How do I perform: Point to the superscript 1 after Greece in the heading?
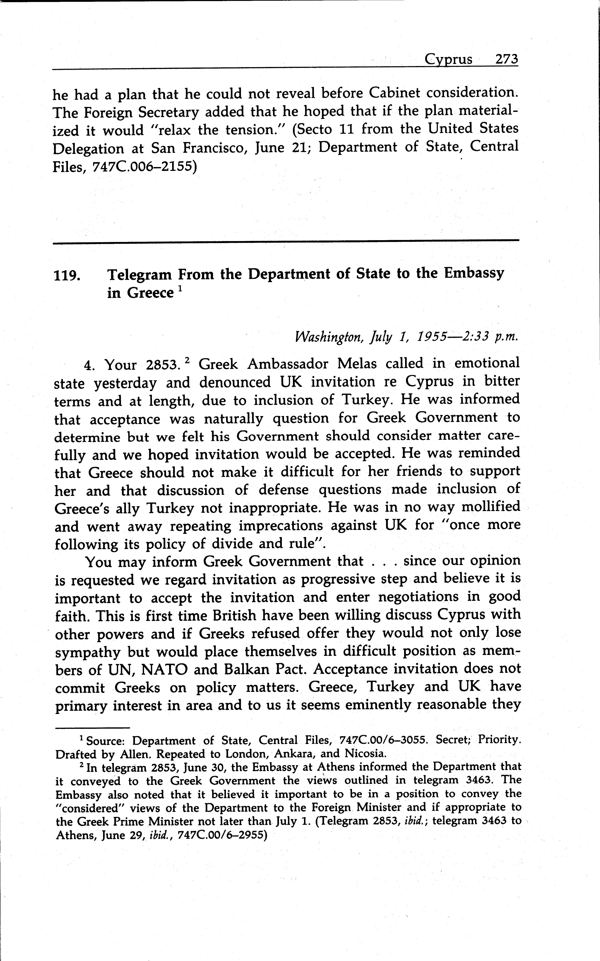(x=180, y=289)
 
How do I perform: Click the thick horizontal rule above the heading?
(x=286, y=240)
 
